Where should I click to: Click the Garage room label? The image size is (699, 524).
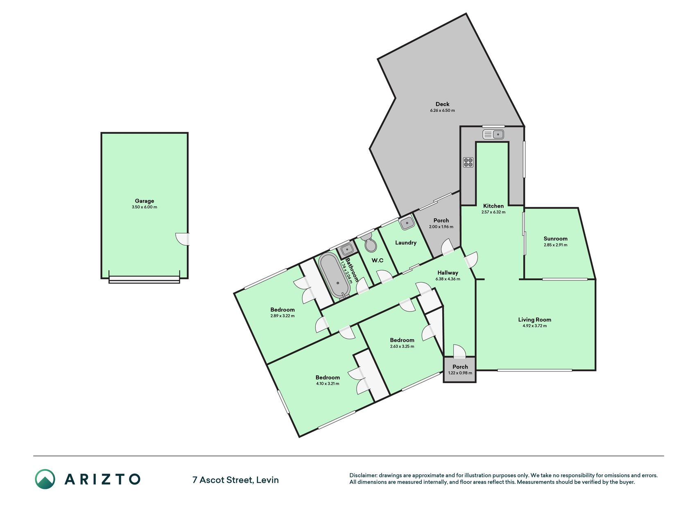tap(145, 201)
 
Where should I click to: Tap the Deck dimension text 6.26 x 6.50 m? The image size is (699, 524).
tap(442, 111)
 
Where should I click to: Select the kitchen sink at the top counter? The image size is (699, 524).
tap(493, 134)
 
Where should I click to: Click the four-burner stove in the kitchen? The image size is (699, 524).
tap(468, 162)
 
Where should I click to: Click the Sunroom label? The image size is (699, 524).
tap(556, 239)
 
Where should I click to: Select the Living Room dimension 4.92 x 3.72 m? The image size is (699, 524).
tap(534, 326)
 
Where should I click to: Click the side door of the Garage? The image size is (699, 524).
tap(183, 239)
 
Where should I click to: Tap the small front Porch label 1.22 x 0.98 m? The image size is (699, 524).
tap(460, 373)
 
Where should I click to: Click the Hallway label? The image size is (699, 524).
tap(448, 273)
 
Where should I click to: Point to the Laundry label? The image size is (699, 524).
tap(406, 243)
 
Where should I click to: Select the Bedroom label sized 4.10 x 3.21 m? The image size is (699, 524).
tap(328, 377)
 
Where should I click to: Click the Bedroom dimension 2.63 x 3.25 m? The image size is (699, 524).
tap(402, 346)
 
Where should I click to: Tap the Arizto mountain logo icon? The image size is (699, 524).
tap(45, 479)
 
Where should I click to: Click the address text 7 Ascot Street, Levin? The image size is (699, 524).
tap(235, 480)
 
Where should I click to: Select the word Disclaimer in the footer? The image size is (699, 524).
tap(363, 475)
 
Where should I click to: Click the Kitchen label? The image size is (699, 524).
tap(493, 206)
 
